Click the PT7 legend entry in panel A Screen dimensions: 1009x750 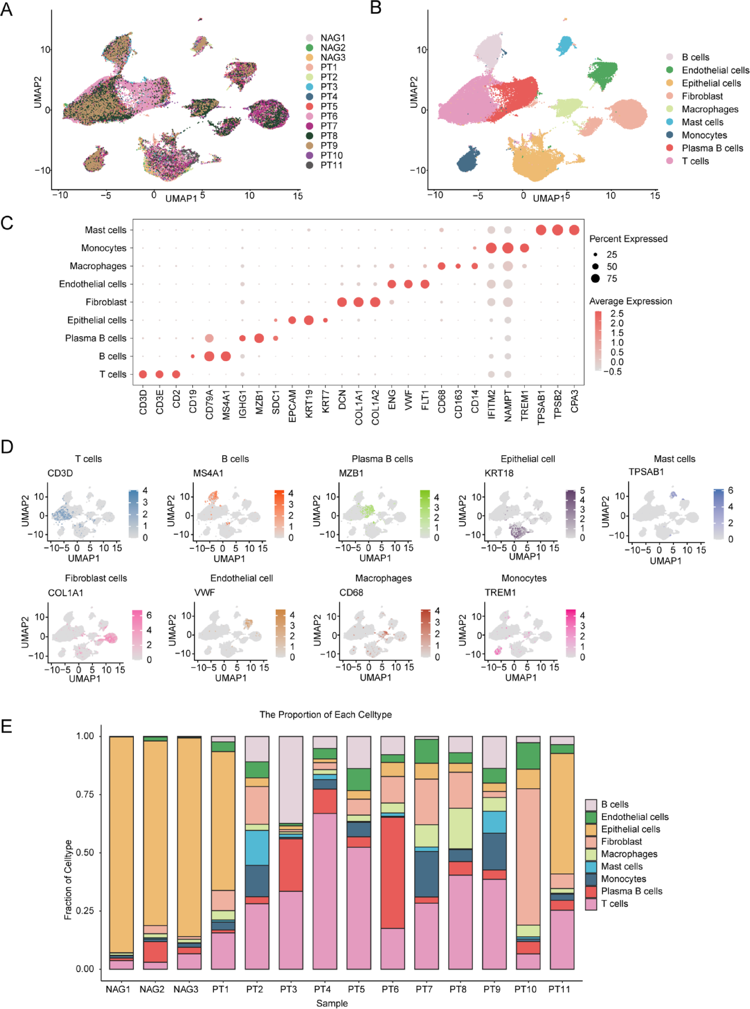click(328, 126)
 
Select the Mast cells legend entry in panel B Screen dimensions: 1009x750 click(702, 122)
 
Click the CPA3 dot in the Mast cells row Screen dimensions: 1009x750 click(574, 230)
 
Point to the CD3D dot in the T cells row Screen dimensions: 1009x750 click(143, 374)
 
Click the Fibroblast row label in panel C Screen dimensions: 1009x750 click(106, 302)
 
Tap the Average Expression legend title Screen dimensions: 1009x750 click(630, 301)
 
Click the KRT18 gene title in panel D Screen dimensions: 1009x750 click(499, 473)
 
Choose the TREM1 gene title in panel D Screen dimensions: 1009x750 click(500, 593)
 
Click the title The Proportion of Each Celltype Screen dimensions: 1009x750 click(326, 715)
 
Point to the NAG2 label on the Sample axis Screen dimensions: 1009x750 click(152, 989)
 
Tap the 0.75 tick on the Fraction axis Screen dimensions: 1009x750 click(85, 794)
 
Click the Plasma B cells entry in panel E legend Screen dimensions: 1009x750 click(631, 891)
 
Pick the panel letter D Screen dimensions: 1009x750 click(7, 447)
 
